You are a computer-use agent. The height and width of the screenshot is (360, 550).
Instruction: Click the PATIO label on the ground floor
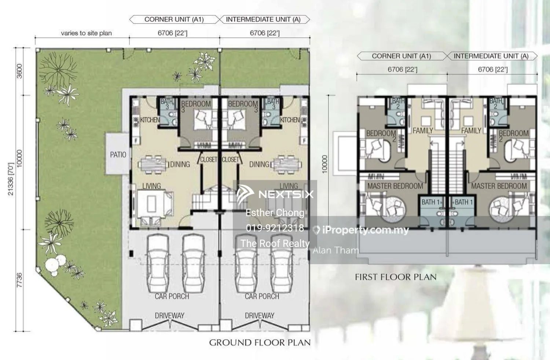[118, 155]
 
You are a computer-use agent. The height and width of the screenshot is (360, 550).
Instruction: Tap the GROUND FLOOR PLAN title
[260, 343]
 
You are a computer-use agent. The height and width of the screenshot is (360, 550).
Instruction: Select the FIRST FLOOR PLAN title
[396, 277]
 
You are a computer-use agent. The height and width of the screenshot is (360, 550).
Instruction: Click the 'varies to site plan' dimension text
[86, 33]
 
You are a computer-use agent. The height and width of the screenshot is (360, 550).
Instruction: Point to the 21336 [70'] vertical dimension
[11, 179]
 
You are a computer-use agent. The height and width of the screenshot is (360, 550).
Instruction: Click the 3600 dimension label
[19, 71]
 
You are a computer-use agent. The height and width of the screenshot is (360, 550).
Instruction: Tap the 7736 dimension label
[19, 280]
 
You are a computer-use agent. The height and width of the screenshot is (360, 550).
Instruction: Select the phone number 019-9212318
[275, 228]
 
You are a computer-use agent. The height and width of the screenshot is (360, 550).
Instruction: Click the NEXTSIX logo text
[286, 194]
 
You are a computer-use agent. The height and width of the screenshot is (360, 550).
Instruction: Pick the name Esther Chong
[275, 213]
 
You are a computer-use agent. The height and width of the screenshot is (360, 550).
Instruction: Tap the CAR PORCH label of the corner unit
[172, 296]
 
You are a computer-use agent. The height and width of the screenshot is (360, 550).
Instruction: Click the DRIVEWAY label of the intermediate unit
[259, 316]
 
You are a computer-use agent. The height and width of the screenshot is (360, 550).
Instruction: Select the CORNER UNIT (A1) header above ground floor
[174, 19]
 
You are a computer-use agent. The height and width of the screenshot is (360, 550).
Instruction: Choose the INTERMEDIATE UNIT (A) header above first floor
[491, 56]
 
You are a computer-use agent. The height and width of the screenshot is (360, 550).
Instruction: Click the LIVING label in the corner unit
[151, 186]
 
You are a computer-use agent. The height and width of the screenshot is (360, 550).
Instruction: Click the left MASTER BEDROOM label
[395, 186]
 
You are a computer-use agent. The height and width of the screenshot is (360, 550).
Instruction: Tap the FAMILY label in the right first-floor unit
[471, 131]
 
